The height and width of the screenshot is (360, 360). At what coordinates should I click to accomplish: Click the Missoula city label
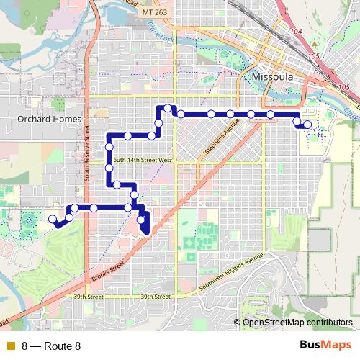click(x=273, y=76)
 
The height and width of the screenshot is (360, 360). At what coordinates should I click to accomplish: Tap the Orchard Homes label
click(x=44, y=119)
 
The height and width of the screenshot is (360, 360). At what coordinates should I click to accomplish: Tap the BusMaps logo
click(x=325, y=345)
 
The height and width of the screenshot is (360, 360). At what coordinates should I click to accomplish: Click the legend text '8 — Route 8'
click(x=51, y=346)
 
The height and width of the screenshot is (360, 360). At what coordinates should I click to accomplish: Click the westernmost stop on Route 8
click(x=52, y=217)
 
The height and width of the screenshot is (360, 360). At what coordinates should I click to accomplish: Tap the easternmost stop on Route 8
click(x=307, y=125)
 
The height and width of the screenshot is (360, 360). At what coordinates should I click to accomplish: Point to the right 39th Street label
click(x=155, y=296)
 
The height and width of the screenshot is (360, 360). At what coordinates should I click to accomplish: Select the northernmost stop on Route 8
click(x=167, y=108)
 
